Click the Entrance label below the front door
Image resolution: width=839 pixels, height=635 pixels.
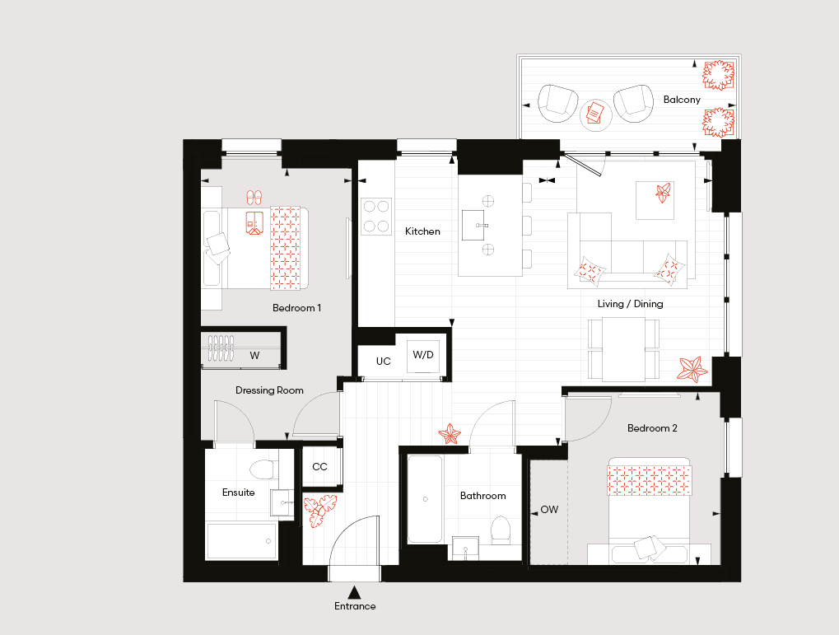[355, 606]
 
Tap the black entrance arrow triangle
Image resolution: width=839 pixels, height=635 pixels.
[354, 592]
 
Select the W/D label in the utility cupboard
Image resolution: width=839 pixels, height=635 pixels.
[423, 355]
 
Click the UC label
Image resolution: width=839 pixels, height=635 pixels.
[383, 362]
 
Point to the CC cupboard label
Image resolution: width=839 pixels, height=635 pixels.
[319, 467]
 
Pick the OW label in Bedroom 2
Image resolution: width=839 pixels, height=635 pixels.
[549, 510]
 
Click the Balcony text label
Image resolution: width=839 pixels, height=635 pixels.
[682, 100]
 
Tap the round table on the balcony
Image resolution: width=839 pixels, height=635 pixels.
[595, 114]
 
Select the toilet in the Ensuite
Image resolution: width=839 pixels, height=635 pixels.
[262, 469]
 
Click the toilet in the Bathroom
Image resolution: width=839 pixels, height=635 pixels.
[501, 530]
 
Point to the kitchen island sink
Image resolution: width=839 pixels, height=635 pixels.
[473, 225]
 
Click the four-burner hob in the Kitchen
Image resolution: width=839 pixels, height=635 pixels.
[376, 217]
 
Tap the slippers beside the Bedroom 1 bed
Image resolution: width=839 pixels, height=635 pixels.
[254, 197]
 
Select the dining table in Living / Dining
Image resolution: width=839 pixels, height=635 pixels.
[623, 349]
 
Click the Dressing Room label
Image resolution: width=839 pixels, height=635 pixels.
[269, 391]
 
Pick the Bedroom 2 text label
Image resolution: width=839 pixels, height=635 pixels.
[652, 428]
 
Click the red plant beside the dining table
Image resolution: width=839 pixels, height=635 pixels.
[692, 369]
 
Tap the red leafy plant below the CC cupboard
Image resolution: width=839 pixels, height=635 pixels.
[320, 511]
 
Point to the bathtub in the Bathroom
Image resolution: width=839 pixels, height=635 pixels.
[425, 499]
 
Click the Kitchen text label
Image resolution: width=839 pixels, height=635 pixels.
[422, 231]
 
